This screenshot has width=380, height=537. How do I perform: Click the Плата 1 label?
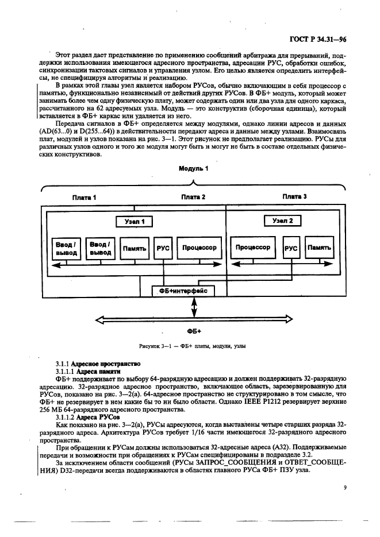[x=84, y=197]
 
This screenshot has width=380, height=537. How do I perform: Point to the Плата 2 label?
[x=193, y=197]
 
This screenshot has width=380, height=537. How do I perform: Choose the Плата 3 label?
[x=294, y=196]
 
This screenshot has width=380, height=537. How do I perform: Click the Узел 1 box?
[x=135, y=221]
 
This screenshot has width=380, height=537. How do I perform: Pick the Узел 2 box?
[x=282, y=221]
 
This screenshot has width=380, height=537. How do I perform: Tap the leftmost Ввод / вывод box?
[x=66, y=249]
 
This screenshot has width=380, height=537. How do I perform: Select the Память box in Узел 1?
[x=135, y=249]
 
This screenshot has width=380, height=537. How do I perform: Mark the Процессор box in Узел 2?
[x=253, y=248]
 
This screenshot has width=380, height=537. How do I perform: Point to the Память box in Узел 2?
[x=319, y=248]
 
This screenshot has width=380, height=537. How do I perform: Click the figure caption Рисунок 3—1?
[x=193, y=347]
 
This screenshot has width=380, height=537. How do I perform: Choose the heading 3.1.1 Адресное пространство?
[x=97, y=365]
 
